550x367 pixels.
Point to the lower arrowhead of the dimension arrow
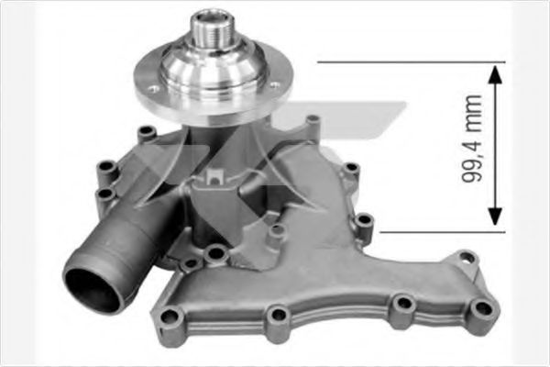point(495,218)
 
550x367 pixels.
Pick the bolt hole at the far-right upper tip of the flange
point(467,259)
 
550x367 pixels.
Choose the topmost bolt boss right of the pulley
point(313,120)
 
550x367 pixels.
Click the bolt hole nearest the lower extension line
point(364,221)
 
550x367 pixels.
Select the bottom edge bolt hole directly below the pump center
point(278,317)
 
